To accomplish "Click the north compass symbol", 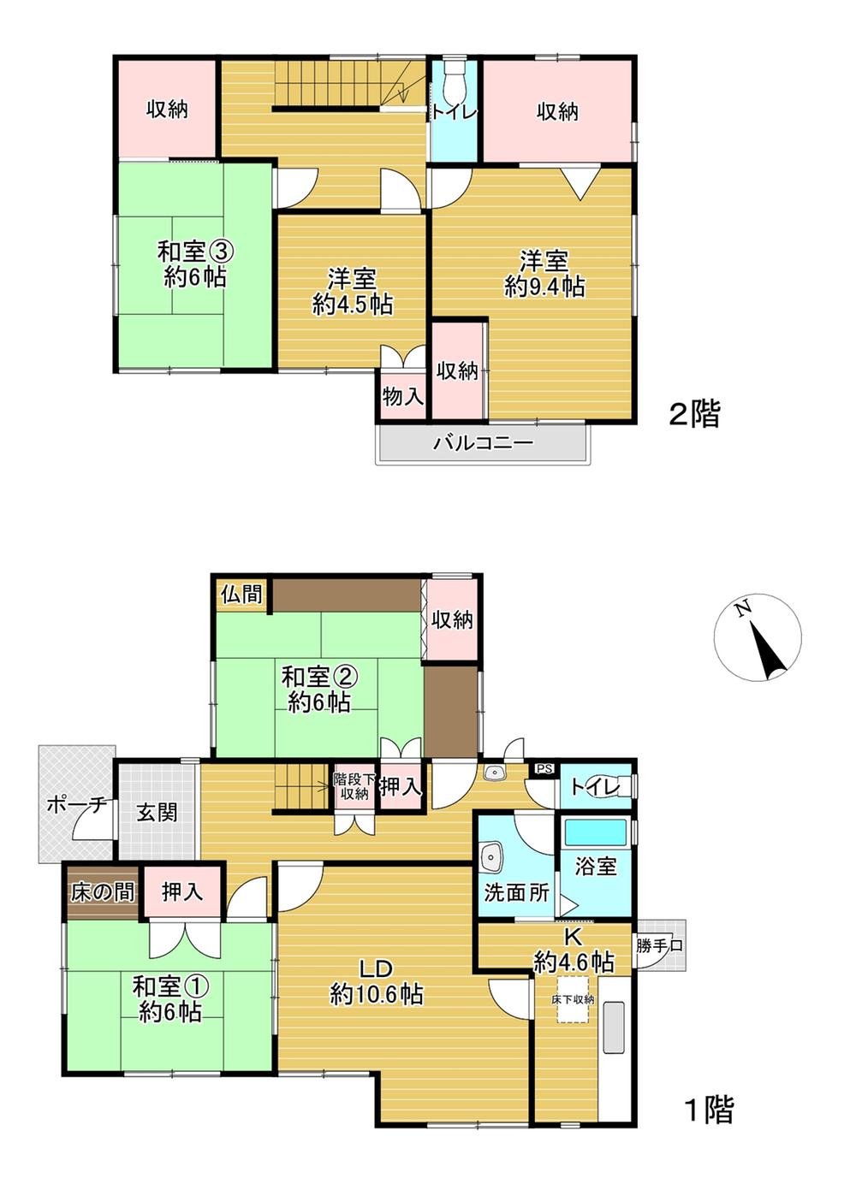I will pyautogui.click(x=758, y=637).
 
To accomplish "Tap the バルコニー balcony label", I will pyautogui.click(x=483, y=443).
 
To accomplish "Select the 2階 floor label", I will pyautogui.click(x=694, y=415).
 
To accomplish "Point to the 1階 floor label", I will pyautogui.click(x=708, y=1110).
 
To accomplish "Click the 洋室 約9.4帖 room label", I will pyautogui.click(x=544, y=273).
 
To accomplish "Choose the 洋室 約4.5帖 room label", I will pyautogui.click(x=353, y=291).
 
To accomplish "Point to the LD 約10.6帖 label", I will pyautogui.click(x=376, y=981).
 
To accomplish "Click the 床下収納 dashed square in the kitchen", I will pyautogui.click(x=573, y=998).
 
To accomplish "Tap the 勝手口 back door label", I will pyautogui.click(x=660, y=946).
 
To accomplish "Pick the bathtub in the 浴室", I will pyautogui.click(x=597, y=831).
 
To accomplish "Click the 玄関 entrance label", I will pyautogui.click(x=158, y=810).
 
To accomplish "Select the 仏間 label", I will pyautogui.click(x=241, y=593).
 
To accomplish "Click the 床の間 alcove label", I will pyautogui.click(x=102, y=892).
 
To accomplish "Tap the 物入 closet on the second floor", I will pyautogui.click(x=402, y=397).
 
